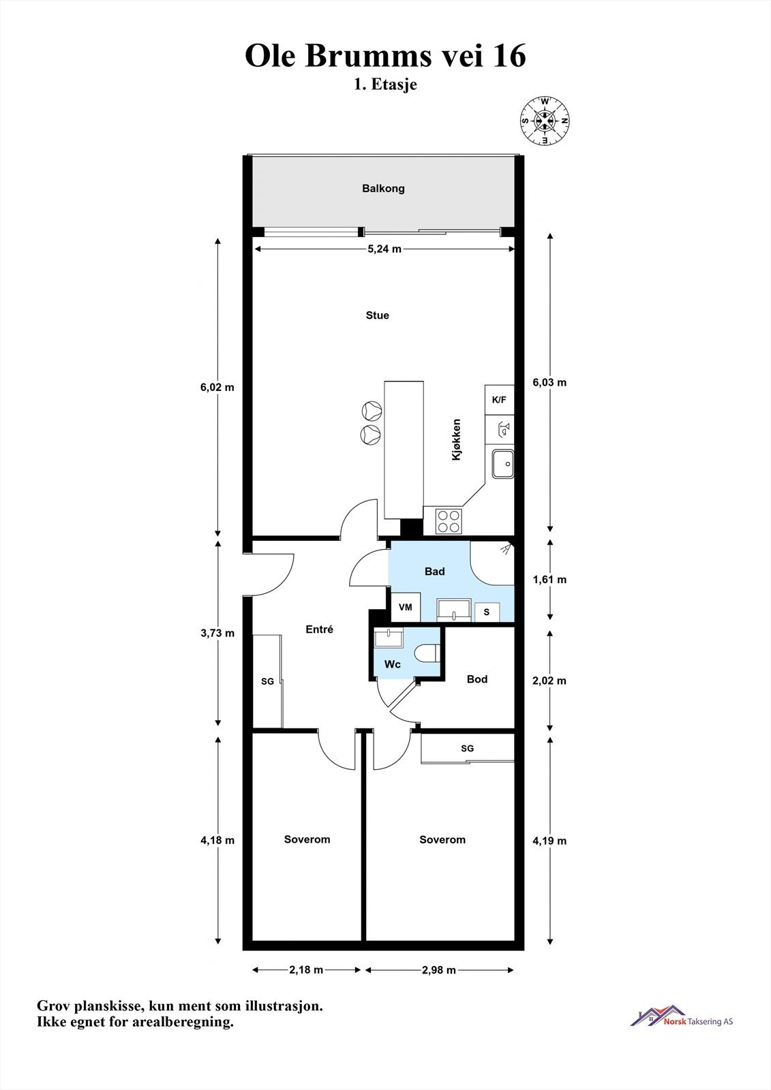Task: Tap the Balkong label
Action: pyautogui.click(x=383, y=188)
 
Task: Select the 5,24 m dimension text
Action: pyautogui.click(x=384, y=249)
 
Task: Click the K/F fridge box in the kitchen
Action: pyautogui.click(x=499, y=400)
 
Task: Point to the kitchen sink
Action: pyautogui.click(x=502, y=464)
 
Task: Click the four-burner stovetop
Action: pyautogui.click(x=449, y=521)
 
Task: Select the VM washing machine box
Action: pyautogui.click(x=405, y=607)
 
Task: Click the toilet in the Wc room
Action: pyautogui.click(x=428, y=653)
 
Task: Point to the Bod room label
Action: pyautogui.click(x=477, y=679)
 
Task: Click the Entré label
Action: pyautogui.click(x=320, y=629)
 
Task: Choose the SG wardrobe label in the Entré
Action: pyautogui.click(x=267, y=681)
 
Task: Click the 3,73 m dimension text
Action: pyautogui.click(x=217, y=633)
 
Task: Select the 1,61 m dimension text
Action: pyautogui.click(x=549, y=580)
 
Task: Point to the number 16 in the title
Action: pyautogui.click(x=509, y=56)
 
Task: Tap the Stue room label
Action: pyautogui.click(x=378, y=315)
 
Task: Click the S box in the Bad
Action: pyautogui.click(x=487, y=612)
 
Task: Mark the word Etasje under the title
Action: pyautogui.click(x=394, y=84)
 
